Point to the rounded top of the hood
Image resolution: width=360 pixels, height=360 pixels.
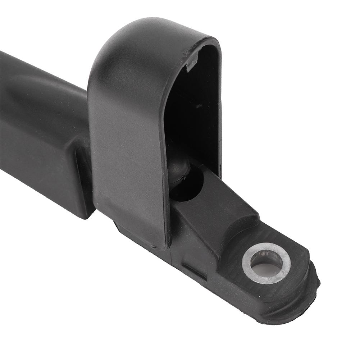(144, 32)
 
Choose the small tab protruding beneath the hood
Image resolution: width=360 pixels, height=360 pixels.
(122, 230)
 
